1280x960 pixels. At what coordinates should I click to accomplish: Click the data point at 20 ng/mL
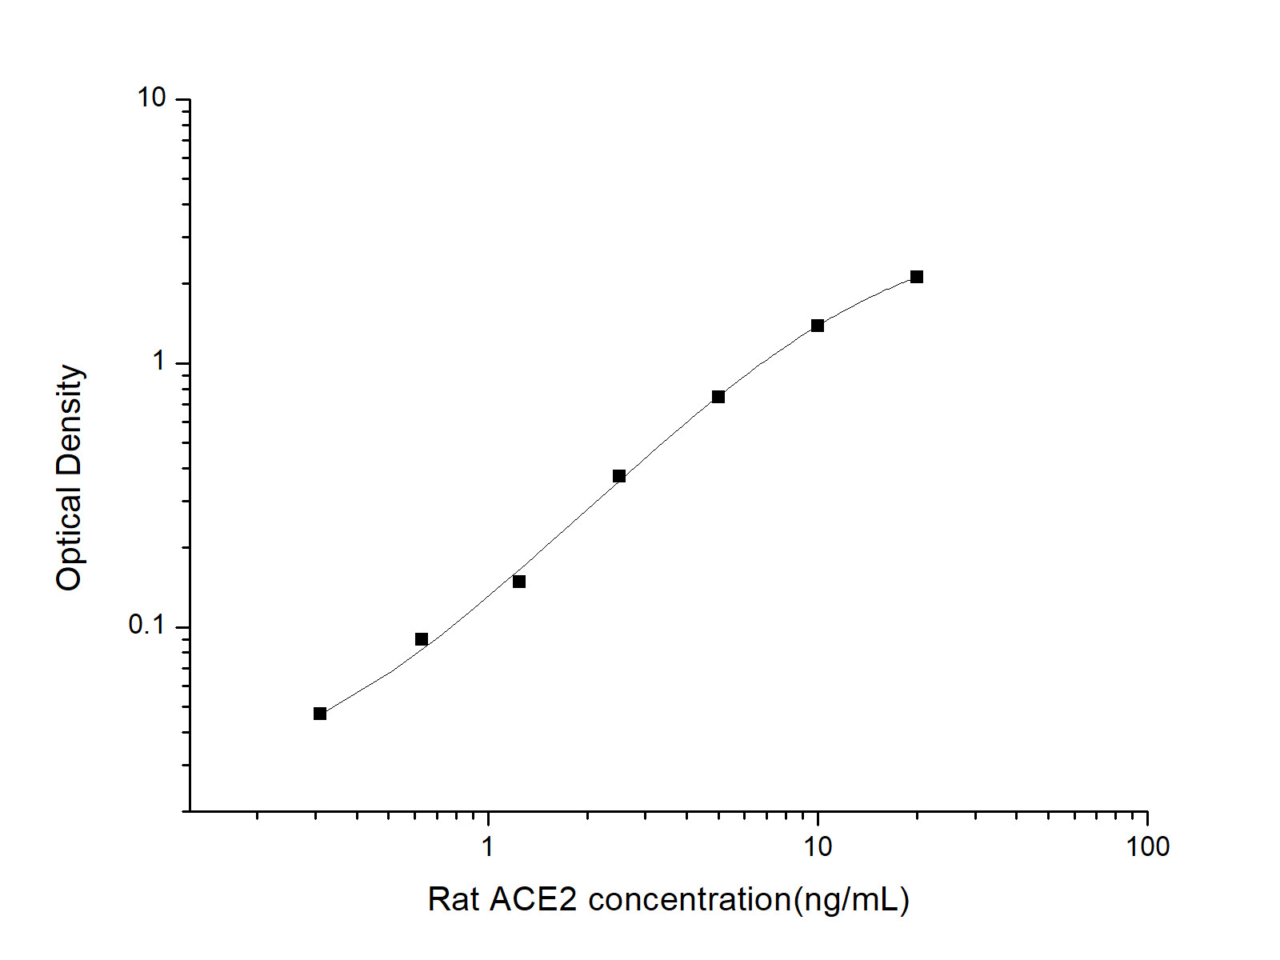917,277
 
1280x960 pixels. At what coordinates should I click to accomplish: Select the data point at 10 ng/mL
818,326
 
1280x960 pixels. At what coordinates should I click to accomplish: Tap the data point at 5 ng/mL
718,397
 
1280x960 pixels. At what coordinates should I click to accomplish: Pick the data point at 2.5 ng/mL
619,476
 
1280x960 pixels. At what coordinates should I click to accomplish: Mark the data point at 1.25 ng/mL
519,582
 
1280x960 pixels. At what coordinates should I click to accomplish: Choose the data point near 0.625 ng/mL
422,639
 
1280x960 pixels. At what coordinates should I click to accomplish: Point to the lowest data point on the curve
320,714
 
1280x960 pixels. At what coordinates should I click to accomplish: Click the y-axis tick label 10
152,98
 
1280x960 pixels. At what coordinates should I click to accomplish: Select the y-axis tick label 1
159,362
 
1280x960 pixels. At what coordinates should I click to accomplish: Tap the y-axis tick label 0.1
146,625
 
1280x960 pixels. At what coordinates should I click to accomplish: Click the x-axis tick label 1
488,846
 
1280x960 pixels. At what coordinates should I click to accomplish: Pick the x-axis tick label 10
818,846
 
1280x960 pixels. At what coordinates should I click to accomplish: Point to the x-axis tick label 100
1147,846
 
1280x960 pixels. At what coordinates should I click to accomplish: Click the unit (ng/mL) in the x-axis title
850,900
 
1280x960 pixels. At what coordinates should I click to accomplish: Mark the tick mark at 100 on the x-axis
1147,817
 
